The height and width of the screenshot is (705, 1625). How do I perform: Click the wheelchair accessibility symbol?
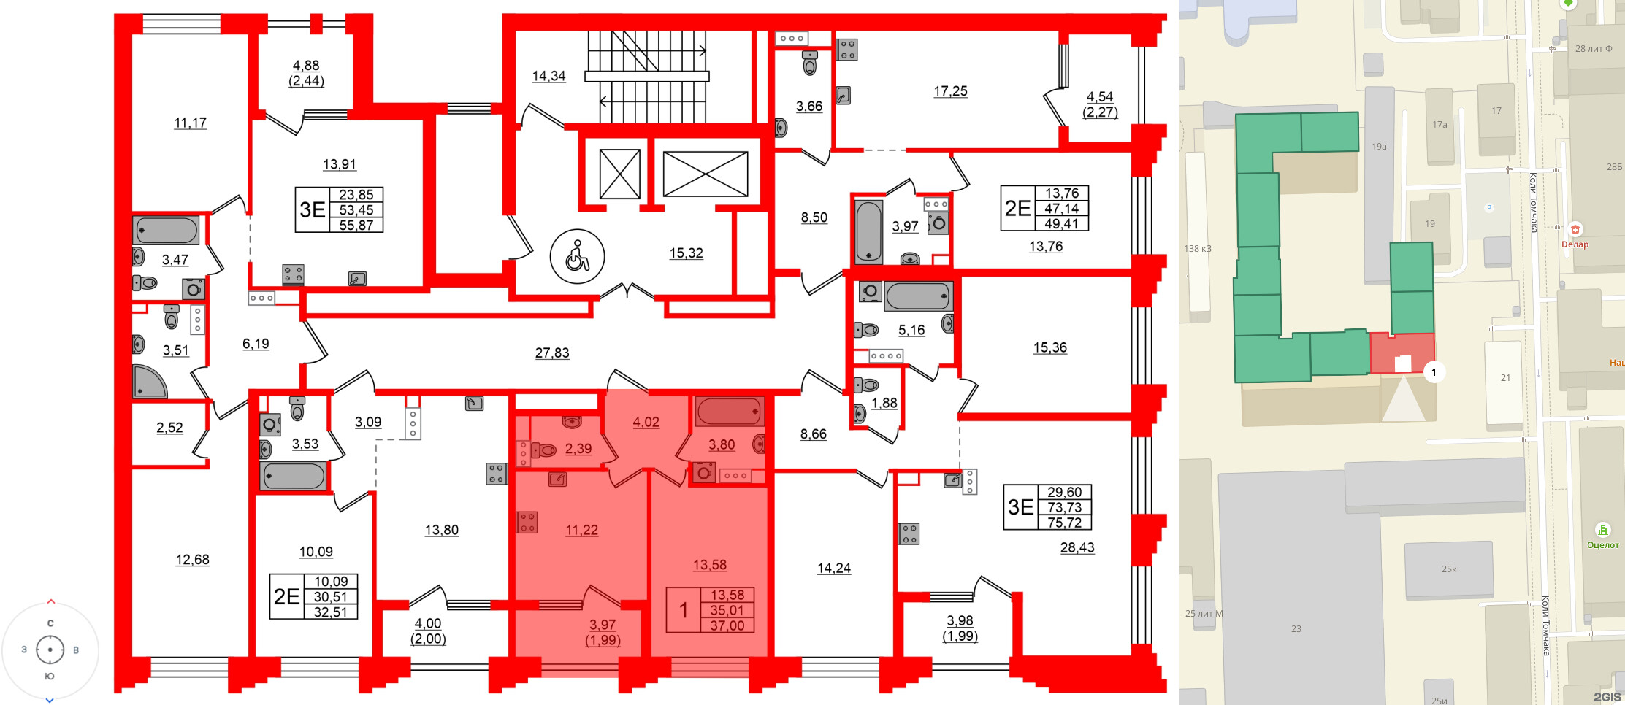click(x=577, y=256)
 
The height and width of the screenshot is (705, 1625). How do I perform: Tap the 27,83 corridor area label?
click(x=551, y=353)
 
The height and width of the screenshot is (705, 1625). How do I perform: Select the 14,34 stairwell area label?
click(x=548, y=76)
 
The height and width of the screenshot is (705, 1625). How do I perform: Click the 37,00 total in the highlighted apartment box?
click(x=727, y=625)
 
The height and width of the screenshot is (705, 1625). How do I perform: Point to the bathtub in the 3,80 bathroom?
click(x=730, y=412)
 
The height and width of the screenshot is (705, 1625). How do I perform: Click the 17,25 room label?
click(x=950, y=91)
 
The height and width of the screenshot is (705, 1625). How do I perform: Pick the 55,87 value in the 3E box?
click(x=356, y=226)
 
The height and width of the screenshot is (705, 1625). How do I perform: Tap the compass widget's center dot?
click(x=50, y=650)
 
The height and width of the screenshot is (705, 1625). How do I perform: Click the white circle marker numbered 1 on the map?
click(x=1434, y=372)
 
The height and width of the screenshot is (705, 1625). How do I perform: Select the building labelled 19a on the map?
click(x=1379, y=182)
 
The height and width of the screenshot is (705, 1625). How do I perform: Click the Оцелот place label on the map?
click(x=1602, y=545)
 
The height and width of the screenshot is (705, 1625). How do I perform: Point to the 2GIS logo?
click(x=1606, y=697)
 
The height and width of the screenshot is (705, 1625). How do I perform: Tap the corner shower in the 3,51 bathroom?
click(x=148, y=382)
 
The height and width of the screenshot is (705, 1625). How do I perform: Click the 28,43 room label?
click(x=1077, y=548)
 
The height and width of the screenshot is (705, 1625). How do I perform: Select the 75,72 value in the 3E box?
click(x=1064, y=523)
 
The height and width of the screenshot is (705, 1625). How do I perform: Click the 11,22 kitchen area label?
click(x=581, y=531)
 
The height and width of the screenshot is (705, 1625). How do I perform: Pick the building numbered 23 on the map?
click(x=1296, y=628)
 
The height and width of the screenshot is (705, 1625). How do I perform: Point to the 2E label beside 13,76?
click(x=1017, y=209)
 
